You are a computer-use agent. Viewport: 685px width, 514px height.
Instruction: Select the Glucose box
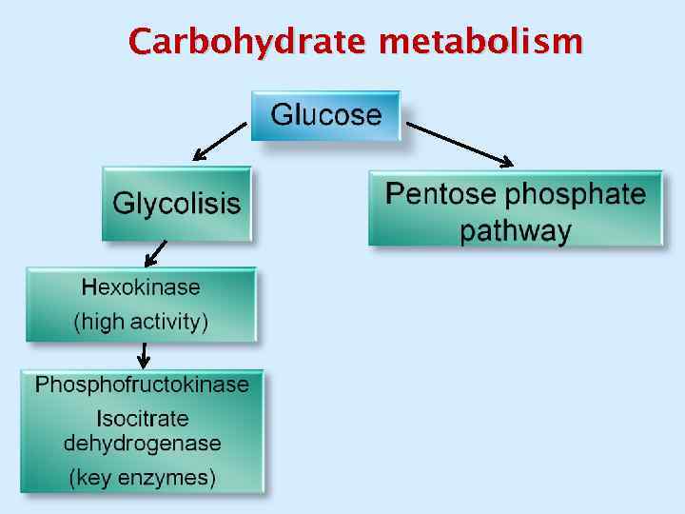(x=325, y=116)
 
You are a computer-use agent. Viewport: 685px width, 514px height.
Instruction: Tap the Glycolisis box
(x=177, y=204)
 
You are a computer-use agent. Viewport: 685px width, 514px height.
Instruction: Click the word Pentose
(x=440, y=195)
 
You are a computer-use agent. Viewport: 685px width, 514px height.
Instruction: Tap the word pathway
(x=516, y=230)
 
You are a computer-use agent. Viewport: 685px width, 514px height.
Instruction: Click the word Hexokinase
(x=141, y=287)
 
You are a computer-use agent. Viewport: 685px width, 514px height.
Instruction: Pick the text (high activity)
(x=141, y=322)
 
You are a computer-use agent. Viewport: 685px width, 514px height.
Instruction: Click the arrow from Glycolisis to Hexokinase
(x=154, y=253)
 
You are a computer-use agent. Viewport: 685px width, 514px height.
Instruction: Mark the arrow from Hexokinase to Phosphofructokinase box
(x=143, y=354)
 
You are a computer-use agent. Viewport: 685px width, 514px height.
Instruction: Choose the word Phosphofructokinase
(x=142, y=385)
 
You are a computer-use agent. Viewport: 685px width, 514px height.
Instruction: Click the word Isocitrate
(x=143, y=418)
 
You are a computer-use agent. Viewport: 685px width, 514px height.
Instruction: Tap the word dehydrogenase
(x=142, y=443)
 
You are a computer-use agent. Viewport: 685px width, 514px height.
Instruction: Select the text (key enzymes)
(x=142, y=477)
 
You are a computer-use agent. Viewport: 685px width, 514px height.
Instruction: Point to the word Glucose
(x=325, y=116)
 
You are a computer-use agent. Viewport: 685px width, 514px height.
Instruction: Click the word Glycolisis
(x=177, y=204)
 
